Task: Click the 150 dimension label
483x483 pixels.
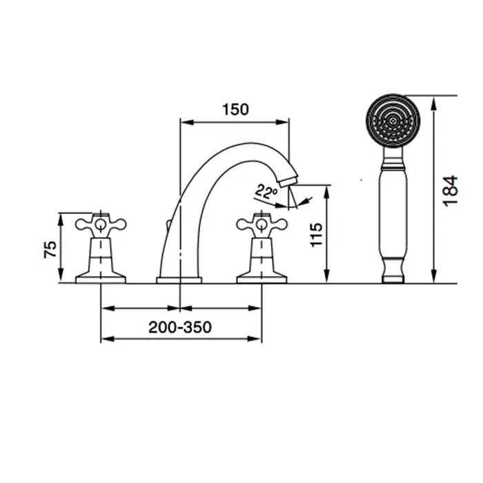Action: [x=235, y=110]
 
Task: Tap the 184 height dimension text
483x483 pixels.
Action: [x=450, y=191]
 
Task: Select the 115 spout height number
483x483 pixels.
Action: [x=316, y=235]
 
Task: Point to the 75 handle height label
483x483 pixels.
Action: [x=50, y=249]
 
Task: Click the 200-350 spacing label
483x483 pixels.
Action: [x=180, y=327]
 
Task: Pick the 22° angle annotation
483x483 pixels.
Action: [x=266, y=192]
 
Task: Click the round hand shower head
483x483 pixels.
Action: [x=393, y=121]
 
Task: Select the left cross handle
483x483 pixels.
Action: [x=101, y=225]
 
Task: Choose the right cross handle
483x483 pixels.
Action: [x=262, y=225]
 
